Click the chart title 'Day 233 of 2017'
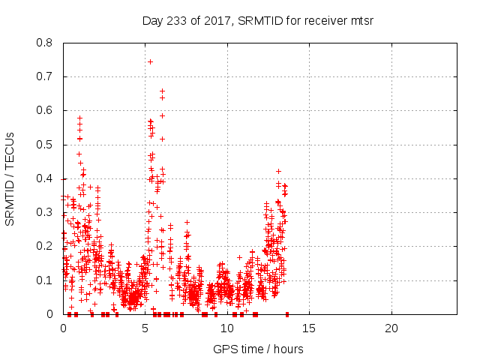(x=187, y=20)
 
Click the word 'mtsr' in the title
(x=359, y=20)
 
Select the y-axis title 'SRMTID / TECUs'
(x=10, y=178)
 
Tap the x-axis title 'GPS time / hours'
(x=259, y=349)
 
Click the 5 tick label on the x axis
(x=145, y=328)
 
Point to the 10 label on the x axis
(x=227, y=328)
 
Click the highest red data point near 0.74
(x=150, y=61)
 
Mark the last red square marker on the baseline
(x=287, y=313)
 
